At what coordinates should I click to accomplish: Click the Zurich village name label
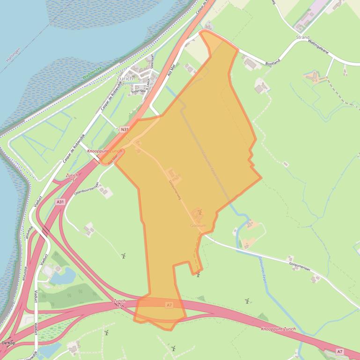coord(125,79)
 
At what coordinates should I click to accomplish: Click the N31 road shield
coord(124,129)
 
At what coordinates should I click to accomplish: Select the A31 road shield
coord(59,202)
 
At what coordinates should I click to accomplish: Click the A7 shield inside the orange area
coord(169,305)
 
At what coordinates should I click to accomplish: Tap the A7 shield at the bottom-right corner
coord(340,351)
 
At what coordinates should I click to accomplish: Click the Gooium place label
coord(198,225)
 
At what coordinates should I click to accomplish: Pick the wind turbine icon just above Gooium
coord(200,212)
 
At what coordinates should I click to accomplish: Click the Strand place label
coord(302,37)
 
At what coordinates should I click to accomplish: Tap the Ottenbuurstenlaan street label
coord(86,189)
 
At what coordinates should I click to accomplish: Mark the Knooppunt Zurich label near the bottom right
coord(279,329)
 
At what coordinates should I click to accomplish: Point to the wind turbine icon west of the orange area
coord(124,256)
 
